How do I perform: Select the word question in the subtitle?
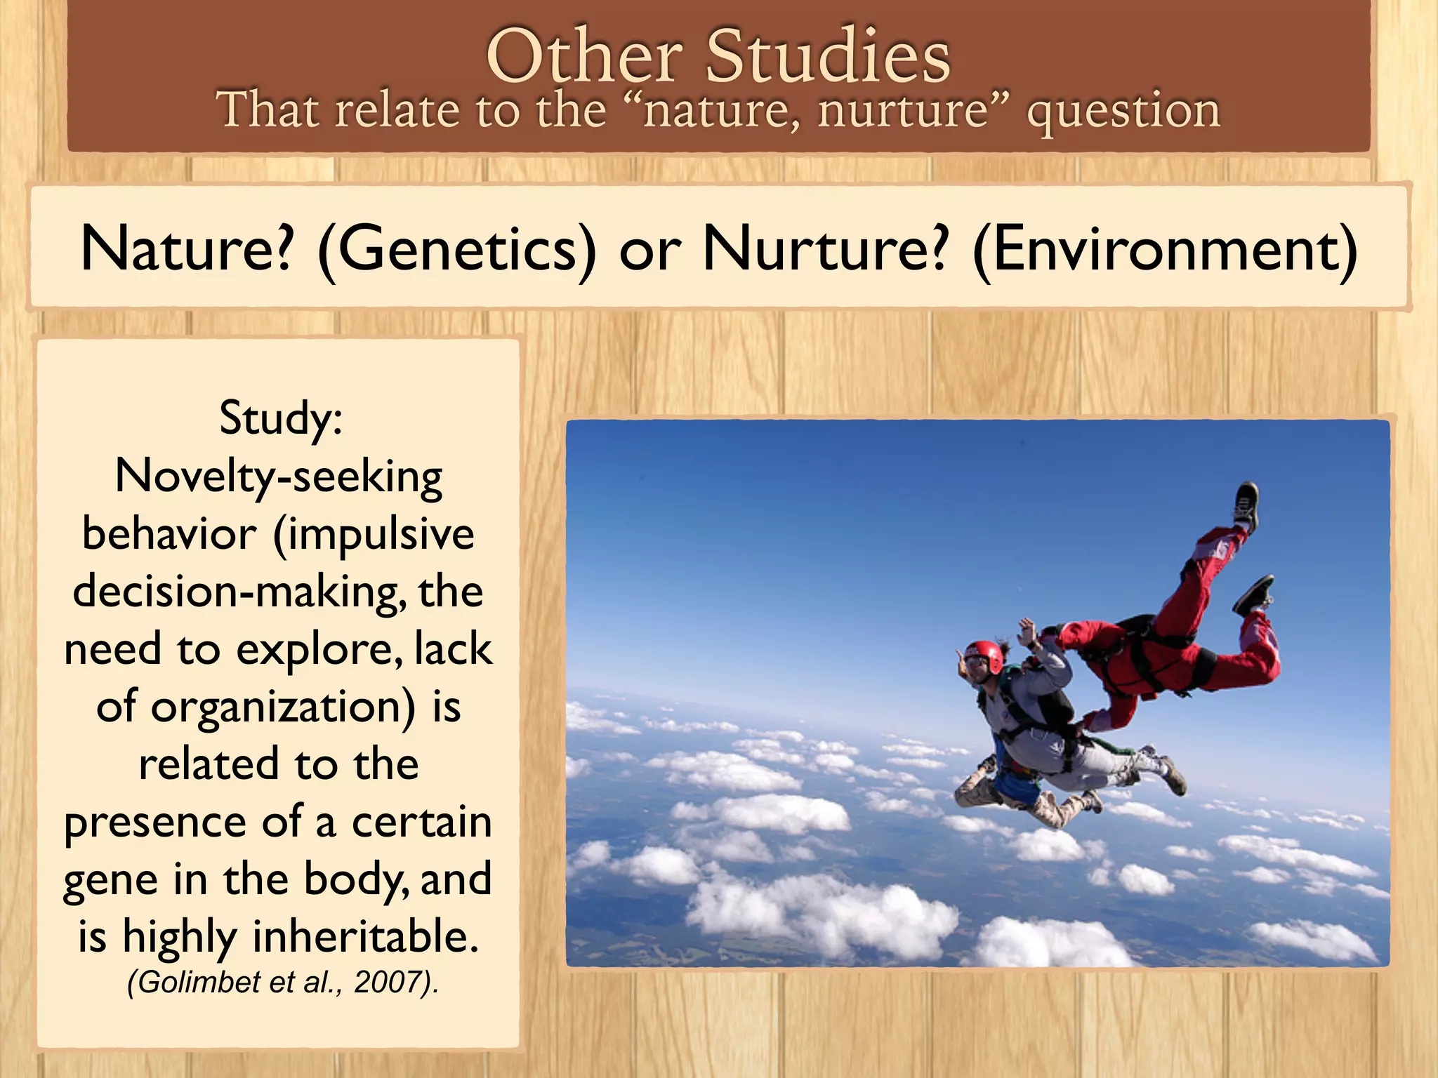[x=1123, y=111]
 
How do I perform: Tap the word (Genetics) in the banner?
[x=456, y=249]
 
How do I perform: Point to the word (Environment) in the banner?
[x=1166, y=249]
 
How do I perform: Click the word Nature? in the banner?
[x=186, y=249]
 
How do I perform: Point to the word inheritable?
[x=365, y=937]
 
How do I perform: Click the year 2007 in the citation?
[x=387, y=982]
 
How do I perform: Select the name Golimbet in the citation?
[x=200, y=982]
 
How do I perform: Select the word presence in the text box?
[x=155, y=823]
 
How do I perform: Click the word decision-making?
[x=239, y=592]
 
